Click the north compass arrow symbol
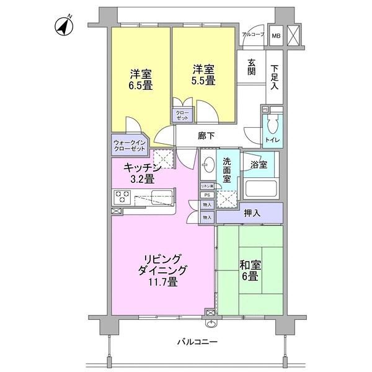[63, 26]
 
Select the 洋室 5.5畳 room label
[203, 74]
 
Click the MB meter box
[275, 35]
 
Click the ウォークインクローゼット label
[130, 146]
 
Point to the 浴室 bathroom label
[259, 165]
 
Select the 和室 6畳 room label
[249, 271]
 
